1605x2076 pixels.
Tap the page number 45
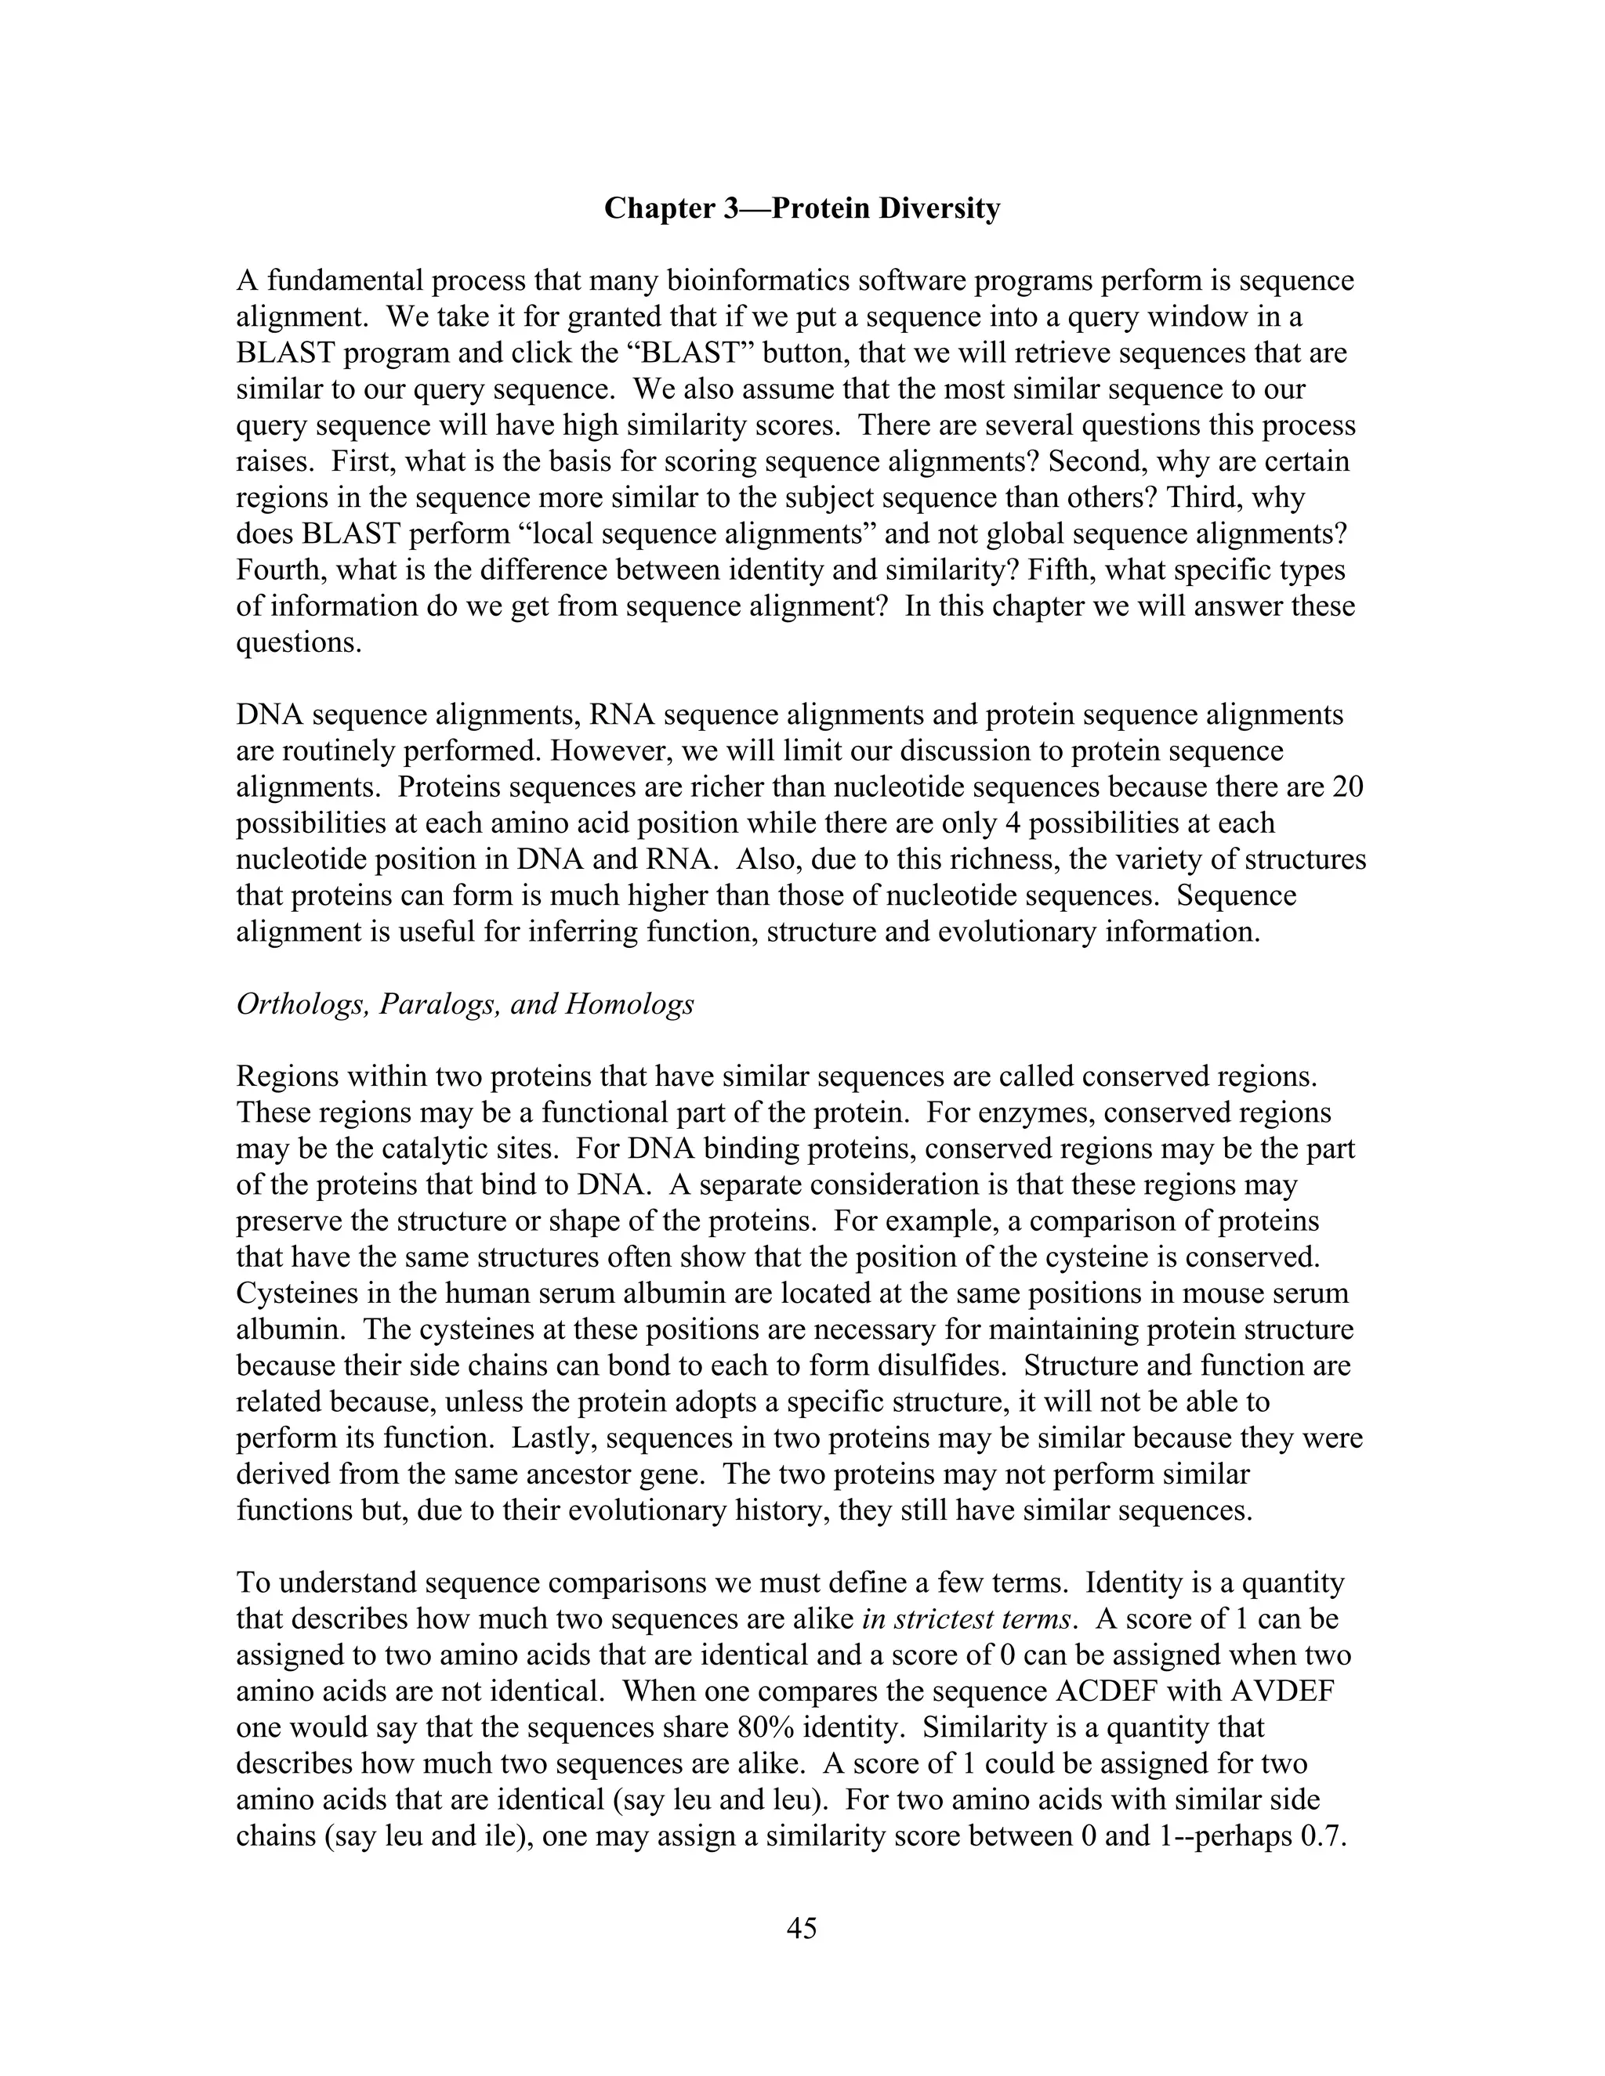[x=802, y=1928]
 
